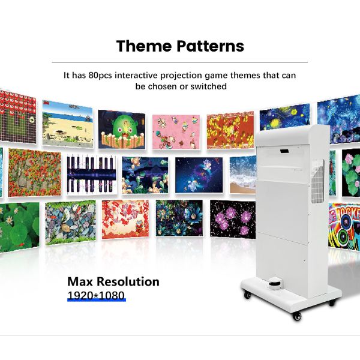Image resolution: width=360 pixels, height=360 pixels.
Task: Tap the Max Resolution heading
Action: pyautogui.click(x=113, y=281)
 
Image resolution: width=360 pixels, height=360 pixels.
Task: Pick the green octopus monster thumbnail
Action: pyautogui.click(x=122, y=128)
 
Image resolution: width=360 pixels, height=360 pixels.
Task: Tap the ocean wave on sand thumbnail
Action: pyautogui.click(x=242, y=175)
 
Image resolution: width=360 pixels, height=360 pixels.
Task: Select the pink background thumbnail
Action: pyautogui.click(x=176, y=131)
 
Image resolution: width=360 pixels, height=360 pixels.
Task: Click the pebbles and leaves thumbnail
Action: pyautogui.click(x=70, y=221)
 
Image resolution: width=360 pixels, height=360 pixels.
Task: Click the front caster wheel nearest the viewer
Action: pyautogui.click(x=296, y=315)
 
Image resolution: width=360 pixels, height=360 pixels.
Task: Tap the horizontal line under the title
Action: pyautogui.click(x=180, y=62)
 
